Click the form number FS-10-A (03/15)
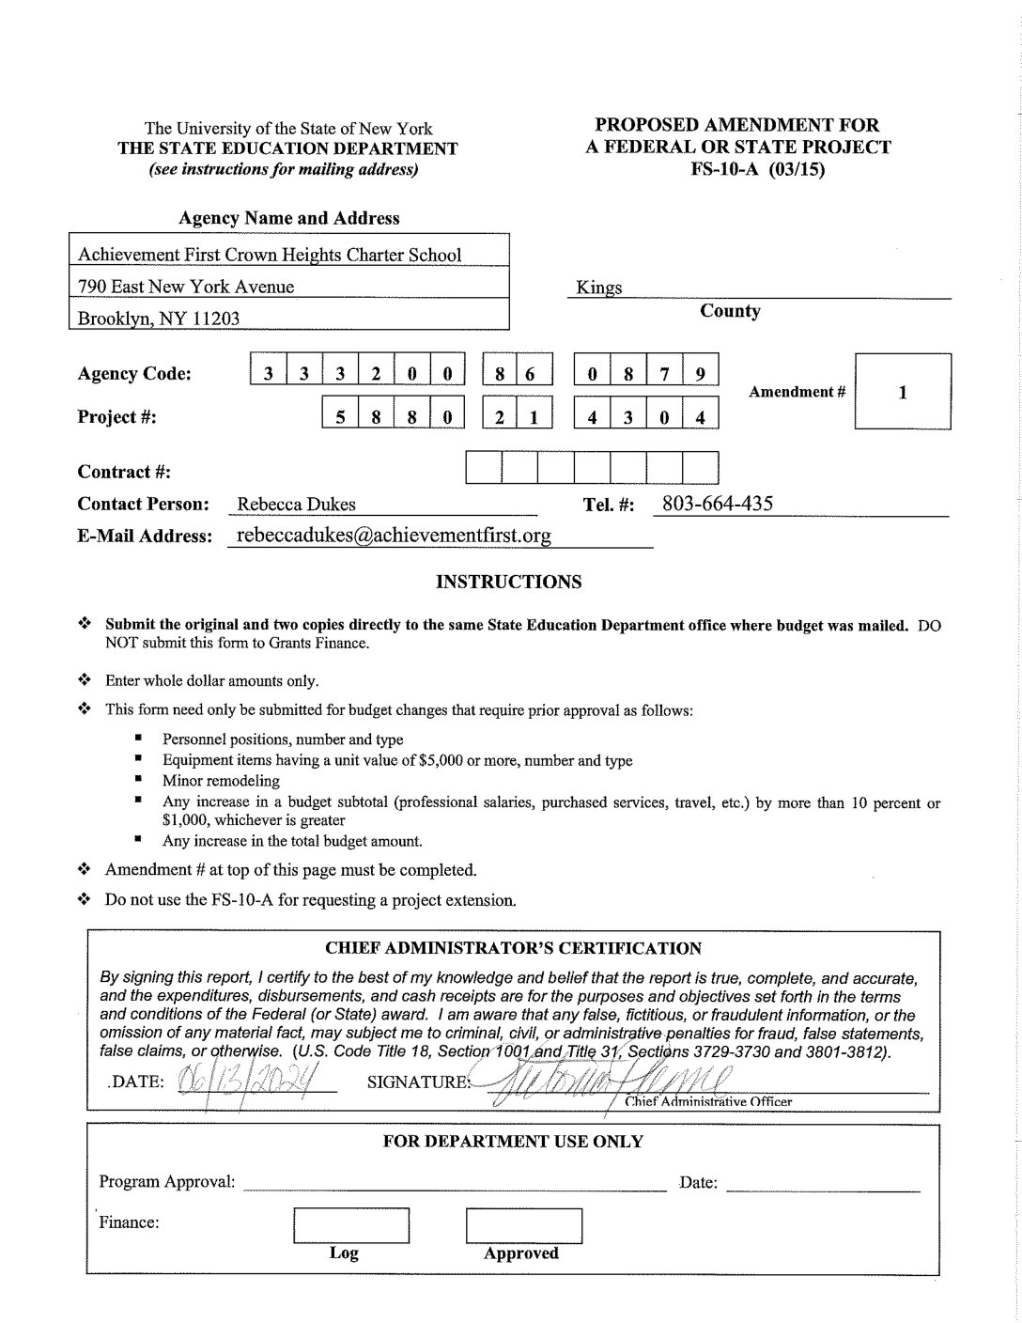click(737, 170)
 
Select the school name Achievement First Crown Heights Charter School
click(270, 255)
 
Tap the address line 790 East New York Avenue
click(186, 287)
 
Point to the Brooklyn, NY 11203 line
click(159, 319)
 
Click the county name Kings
click(599, 288)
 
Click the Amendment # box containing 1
click(902, 392)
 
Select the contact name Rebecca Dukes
click(296, 505)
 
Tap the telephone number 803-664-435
click(718, 504)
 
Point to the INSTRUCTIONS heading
click(509, 583)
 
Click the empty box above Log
click(351, 1224)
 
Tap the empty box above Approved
click(523, 1224)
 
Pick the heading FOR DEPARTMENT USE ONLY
click(513, 1142)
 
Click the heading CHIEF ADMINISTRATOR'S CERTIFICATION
click(513, 949)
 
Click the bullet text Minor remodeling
click(221, 781)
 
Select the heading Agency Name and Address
click(289, 219)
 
